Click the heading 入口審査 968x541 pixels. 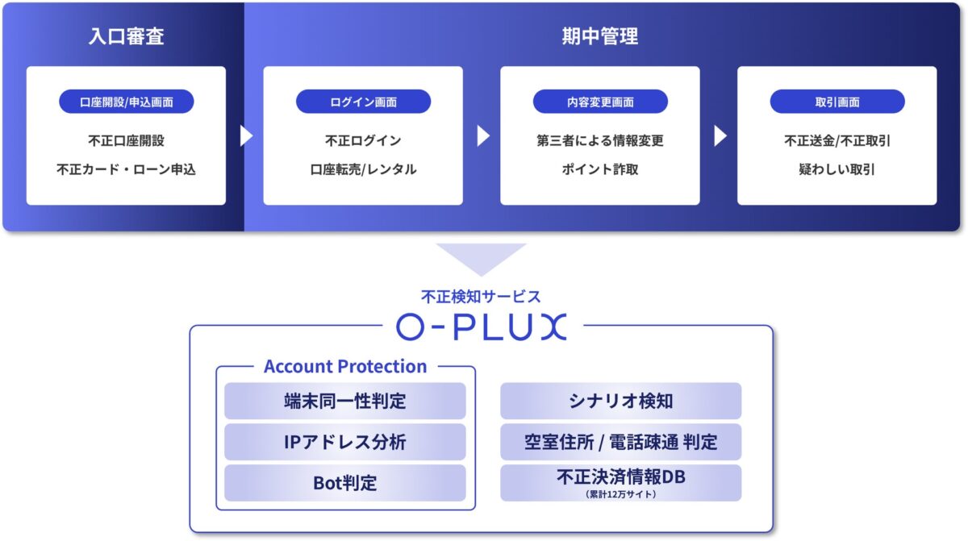tap(127, 37)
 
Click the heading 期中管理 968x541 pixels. tap(599, 37)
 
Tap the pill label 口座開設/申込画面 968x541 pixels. tap(127, 102)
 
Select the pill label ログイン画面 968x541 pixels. tap(363, 102)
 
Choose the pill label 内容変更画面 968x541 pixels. tap(600, 102)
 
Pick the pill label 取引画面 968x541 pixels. tap(837, 102)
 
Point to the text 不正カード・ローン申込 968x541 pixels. tap(127, 170)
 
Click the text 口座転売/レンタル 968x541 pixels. tap(363, 170)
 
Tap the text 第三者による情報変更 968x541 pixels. tap(600, 140)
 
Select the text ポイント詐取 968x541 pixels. tap(600, 170)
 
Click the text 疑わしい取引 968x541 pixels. tap(837, 170)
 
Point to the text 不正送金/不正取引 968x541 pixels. tap(837, 140)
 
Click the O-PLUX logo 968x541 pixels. tap(482, 326)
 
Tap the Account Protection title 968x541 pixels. tap(345, 366)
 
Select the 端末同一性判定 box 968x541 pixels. tap(345, 401)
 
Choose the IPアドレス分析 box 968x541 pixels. tap(345, 442)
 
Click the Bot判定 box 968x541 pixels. tap(345, 483)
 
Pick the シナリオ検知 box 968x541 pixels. tap(620, 401)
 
